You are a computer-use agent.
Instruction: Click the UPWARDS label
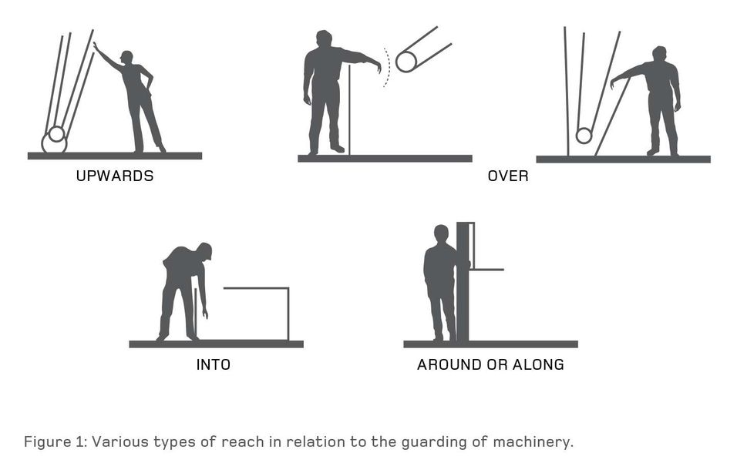tap(115, 176)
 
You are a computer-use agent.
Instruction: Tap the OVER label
tap(508, 176)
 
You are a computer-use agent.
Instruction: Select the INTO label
tap(214, 365)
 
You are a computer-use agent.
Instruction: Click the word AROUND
tap(449, 365)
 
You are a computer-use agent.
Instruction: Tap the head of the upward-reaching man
tap(127, 58)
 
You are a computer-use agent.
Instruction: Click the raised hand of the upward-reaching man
tap(96, 47)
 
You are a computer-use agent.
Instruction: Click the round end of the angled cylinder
tap(406, 62)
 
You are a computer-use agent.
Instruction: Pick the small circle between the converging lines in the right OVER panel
tap(584, 136)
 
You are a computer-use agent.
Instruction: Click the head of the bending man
tap(205, 250)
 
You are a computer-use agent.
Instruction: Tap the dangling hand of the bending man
tap(205, 314)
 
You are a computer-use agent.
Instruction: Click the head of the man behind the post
tap(441, 234)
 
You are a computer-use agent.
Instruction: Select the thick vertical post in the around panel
tap(463, 282)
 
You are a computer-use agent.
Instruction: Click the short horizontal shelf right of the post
tap(487, 270)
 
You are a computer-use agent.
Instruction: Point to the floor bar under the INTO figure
tap(216, 344)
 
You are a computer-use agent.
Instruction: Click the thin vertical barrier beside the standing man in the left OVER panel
tap(349, 110)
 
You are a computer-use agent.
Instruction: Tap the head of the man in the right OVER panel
tap(659, 55)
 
